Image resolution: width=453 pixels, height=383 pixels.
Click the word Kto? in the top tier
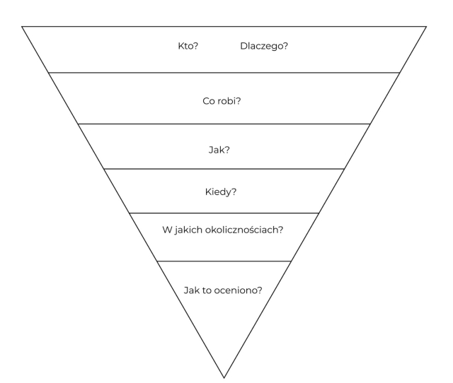click(187, 47)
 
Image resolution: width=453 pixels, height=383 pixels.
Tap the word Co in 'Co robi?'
click(208, 100)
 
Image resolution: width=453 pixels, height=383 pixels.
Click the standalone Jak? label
click(224, 150)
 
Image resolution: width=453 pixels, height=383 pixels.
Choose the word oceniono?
click(239, 289)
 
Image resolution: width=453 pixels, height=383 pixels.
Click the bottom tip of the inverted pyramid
click(224, 377)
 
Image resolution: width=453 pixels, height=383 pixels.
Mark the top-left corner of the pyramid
click(22, 26)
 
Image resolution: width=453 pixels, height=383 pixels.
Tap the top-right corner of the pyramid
click(427, 26)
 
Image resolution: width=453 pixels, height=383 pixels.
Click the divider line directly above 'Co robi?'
click(224, 72)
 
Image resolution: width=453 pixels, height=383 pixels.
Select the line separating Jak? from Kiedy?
click(224, 169)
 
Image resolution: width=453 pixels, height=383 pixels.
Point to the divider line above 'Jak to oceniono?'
click(224, 261)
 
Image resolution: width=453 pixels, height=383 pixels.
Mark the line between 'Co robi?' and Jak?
click(224, 124)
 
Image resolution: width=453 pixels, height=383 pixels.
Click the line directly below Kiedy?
click(224, 213)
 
